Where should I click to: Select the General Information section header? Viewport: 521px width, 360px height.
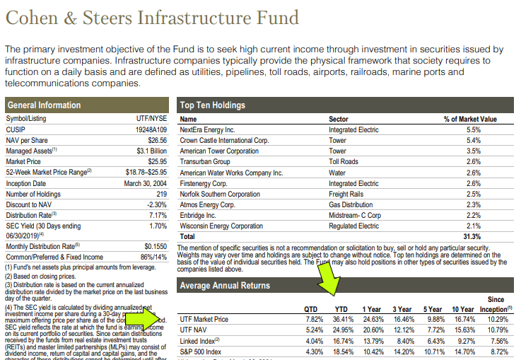[44, 105]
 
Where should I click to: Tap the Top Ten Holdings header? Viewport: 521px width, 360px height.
[213, 105]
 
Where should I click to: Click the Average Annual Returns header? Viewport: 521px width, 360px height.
[224, 286]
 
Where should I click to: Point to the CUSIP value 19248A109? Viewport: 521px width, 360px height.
[150, 130]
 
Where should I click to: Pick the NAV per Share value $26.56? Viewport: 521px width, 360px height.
[155, 141]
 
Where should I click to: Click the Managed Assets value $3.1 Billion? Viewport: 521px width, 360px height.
[150, 151]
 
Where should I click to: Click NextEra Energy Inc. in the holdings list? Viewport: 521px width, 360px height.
[206, 130]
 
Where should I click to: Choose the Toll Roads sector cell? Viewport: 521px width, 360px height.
[344, 161]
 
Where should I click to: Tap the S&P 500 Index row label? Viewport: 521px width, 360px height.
[201, 351]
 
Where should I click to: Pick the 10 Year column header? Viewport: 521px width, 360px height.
[464, 309]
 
